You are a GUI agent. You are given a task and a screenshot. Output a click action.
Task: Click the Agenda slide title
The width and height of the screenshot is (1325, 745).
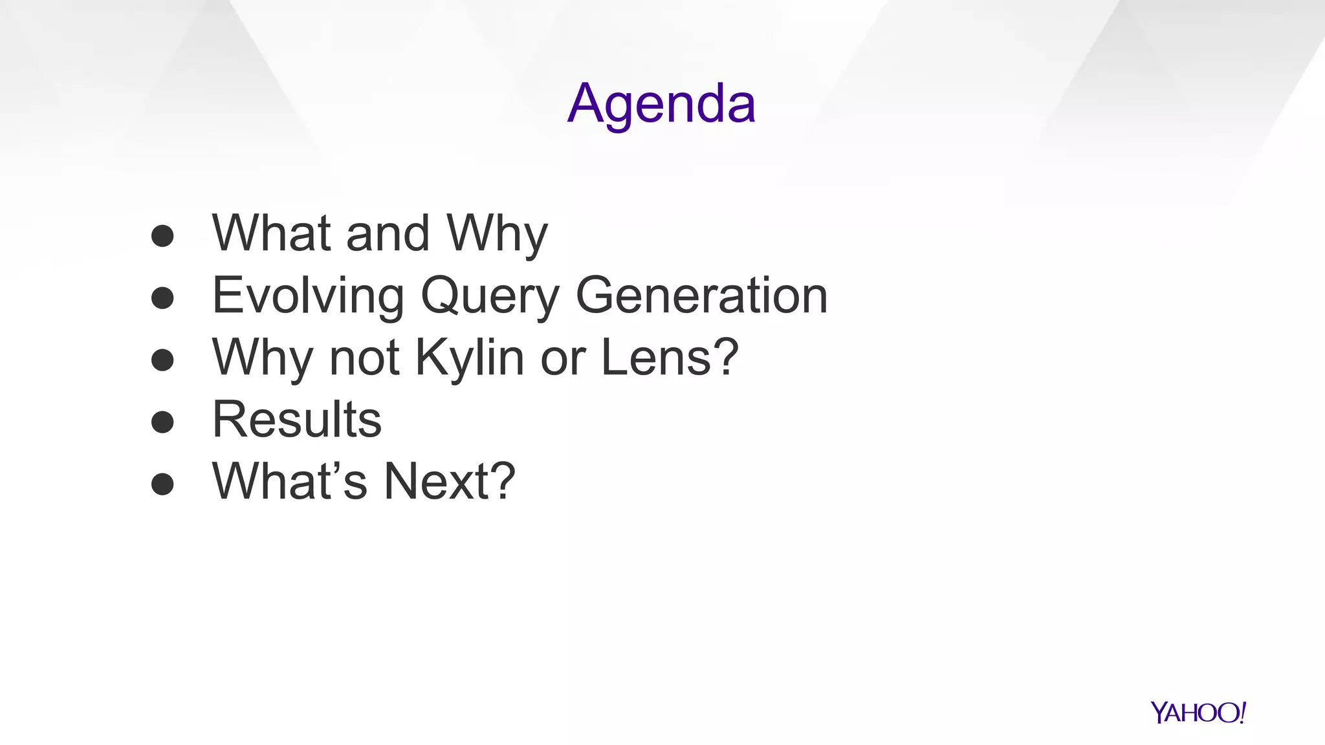coord(661,103)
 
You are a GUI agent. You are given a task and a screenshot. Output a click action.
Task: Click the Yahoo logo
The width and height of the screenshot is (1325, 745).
coord(1198,713)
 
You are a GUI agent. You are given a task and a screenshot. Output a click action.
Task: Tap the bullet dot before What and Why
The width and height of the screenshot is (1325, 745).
coord(162,236)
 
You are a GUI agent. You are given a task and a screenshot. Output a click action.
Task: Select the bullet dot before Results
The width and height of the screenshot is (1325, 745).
coord(162,422)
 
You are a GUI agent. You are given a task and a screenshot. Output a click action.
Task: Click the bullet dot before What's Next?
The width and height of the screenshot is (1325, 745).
coord(162,484)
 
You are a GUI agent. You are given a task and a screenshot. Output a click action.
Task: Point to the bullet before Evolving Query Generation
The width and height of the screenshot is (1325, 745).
coord(162,298)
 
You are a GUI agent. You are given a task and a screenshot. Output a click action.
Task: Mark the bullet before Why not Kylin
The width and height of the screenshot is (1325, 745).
coord(162,360)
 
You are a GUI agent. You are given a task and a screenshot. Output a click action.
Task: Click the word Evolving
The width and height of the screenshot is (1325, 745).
coord(308,296)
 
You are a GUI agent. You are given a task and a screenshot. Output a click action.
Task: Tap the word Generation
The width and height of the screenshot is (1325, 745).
coord(701,296)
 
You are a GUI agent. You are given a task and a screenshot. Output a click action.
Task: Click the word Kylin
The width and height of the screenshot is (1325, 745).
coord(469,358)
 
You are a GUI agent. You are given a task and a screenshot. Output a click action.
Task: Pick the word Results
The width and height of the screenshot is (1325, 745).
coord(297,419)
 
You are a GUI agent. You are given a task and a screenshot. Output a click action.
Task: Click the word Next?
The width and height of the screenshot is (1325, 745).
coord(450,481)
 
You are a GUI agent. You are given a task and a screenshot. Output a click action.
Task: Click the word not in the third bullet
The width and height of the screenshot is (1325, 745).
coord(364,358)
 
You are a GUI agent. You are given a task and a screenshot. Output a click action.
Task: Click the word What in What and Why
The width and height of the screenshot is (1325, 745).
coord(272,233)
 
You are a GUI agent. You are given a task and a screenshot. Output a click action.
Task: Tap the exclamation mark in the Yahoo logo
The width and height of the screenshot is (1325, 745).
coord(1242,712)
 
